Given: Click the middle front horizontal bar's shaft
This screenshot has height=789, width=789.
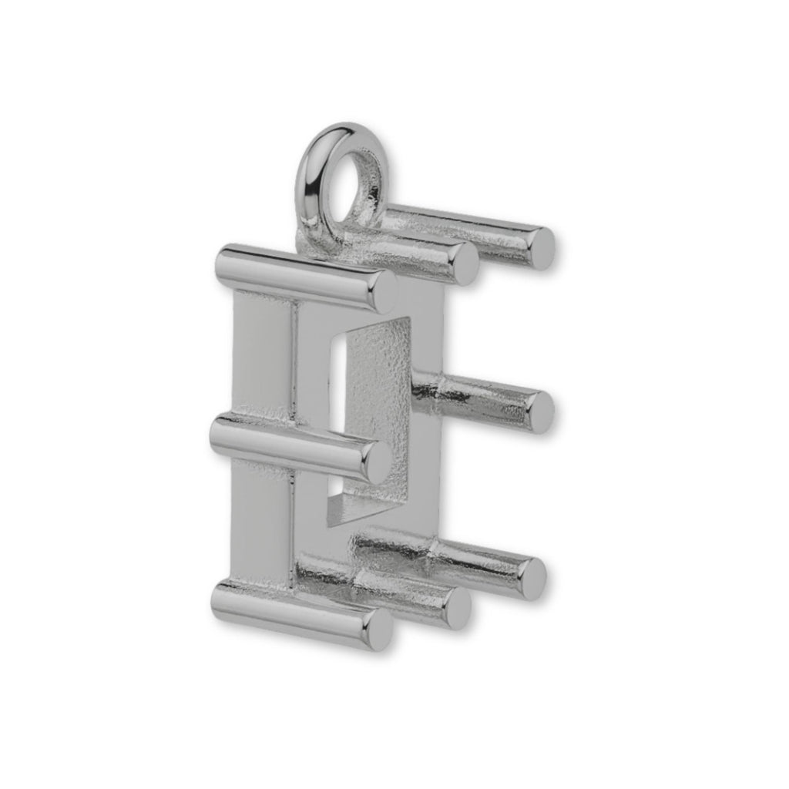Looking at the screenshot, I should point(285,443).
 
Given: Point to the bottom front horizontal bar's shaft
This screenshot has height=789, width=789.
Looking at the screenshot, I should point(293,613).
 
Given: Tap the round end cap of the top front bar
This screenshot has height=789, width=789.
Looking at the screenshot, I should point(383,290).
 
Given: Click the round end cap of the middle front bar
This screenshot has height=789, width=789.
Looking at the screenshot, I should point(376,462).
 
